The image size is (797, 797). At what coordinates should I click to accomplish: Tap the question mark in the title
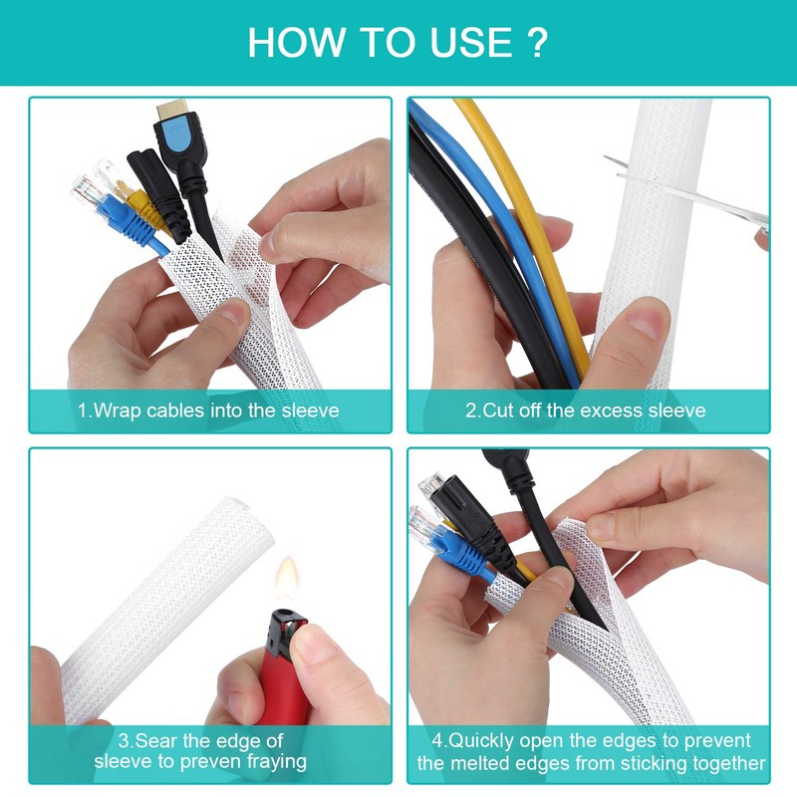pyautogui.click(x=539, y=43)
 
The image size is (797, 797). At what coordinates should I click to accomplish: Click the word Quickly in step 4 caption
pyautogui.click(x=486, y=741)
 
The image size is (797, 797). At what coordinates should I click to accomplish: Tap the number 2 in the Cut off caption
pyautogui.click(x=470, y=409)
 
